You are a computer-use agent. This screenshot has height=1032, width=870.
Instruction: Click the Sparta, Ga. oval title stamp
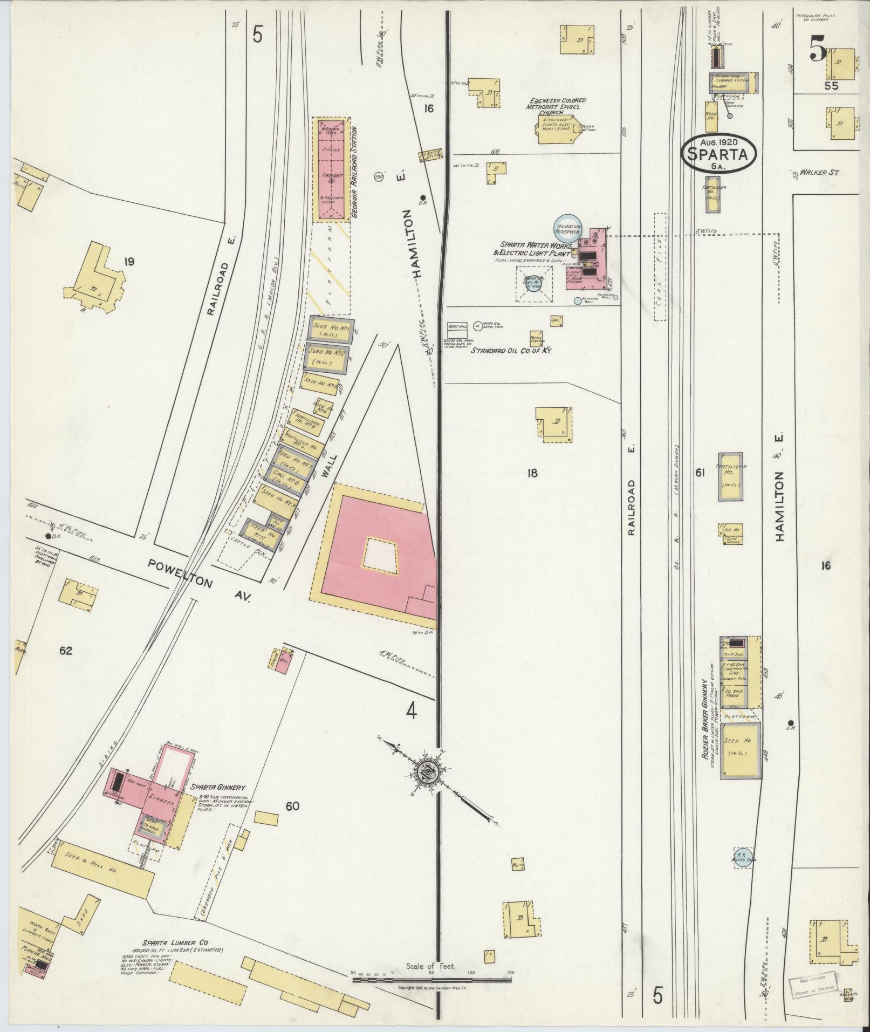pos(719,154)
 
